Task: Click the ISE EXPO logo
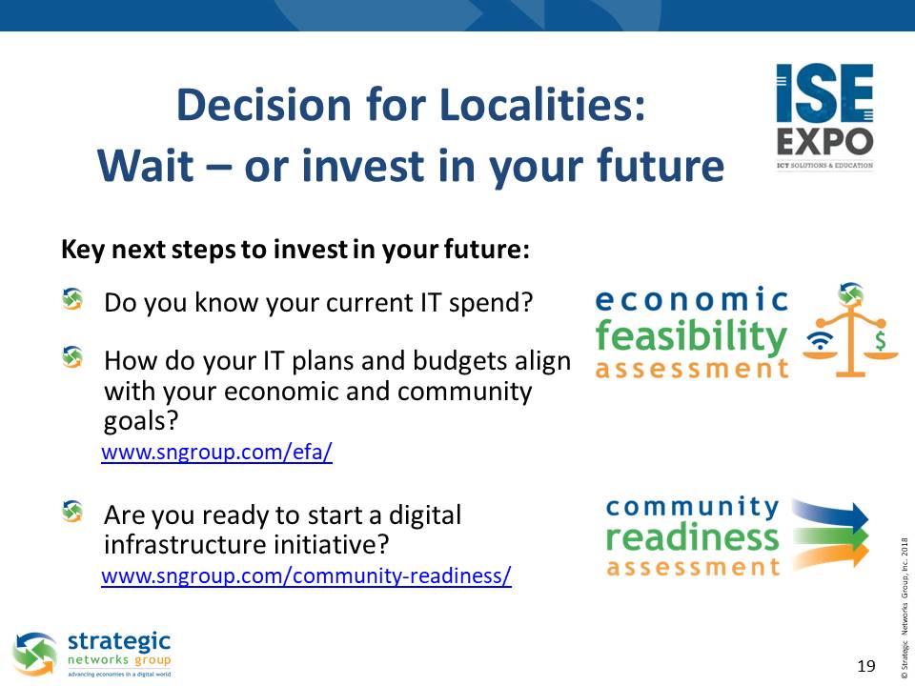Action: click(x=824, y=116)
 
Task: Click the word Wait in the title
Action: click(x=146, y=166)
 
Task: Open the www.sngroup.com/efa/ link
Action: click(x=216, y=452)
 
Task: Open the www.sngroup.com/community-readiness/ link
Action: click(x=306, y=575)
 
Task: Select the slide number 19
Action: click(x=866, y=666)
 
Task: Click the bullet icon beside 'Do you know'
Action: click(x=72, y=299)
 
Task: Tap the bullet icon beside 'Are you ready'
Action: click(x=72, y=512)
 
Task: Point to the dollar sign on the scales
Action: click(x=880, y=340)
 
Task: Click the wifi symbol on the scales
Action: click(x=821, y=341)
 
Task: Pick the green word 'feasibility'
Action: click(x=691, y=337)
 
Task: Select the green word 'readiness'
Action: click(x=693, y=537)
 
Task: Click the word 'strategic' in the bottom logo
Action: click(x=119, y=642)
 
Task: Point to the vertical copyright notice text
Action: click(x=905, y=604)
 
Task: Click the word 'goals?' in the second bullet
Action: click(x=141, y=421)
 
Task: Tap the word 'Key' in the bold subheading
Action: click(x=83, y=250)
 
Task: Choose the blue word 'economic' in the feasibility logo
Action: click(x=692, y=300)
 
